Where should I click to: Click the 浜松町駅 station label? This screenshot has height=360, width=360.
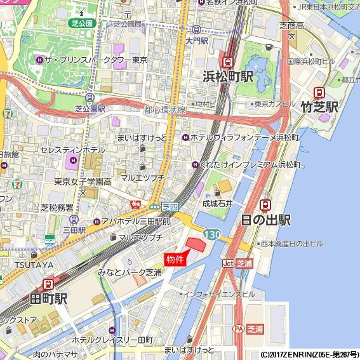[x=228, y=77]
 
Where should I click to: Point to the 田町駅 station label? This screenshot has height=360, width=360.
[x=48, y=298]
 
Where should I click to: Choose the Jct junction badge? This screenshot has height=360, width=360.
[x=228, y=263]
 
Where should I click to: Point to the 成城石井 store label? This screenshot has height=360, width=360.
[x=218, y=203]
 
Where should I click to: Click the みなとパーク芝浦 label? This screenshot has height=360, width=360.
[x=130, y=272]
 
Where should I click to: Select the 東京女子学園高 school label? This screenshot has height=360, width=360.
[x=83, y=182]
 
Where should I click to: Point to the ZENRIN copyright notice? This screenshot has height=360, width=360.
[x=309, y=354]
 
